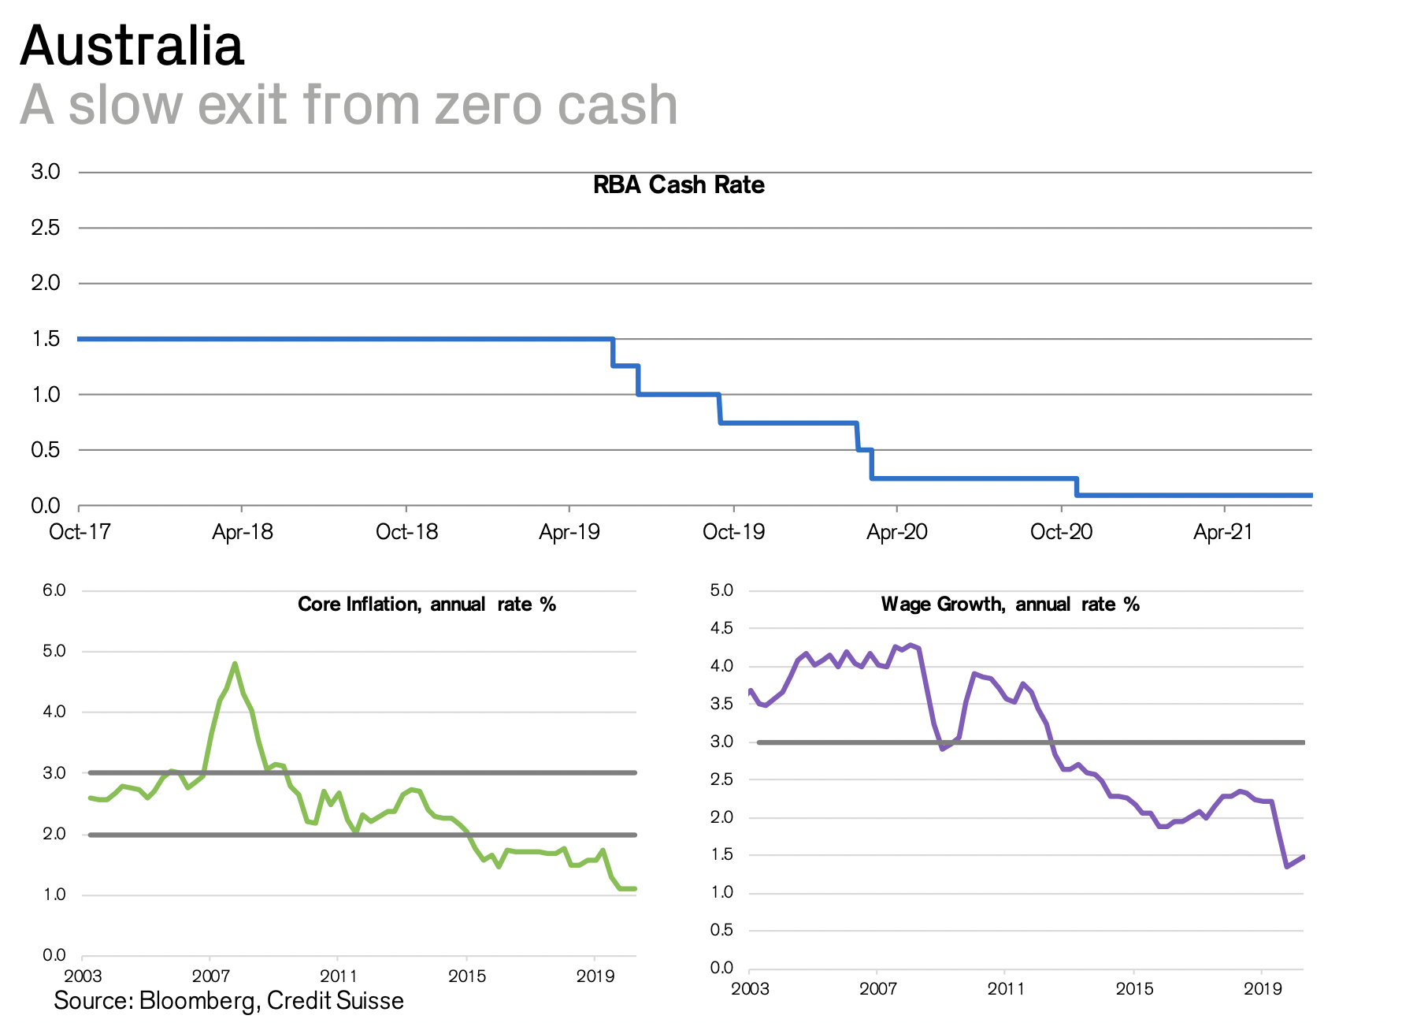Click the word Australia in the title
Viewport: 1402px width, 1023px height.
coord(132,46)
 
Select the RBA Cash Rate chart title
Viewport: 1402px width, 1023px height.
coord(678,185)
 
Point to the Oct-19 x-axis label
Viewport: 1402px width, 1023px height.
coord(733,532)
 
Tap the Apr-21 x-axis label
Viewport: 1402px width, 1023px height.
coord(1222,532)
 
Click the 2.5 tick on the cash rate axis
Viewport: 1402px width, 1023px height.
coord(45,228)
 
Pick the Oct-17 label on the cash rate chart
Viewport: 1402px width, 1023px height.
coord(80,532)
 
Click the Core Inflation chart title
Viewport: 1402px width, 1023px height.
coord(427,604)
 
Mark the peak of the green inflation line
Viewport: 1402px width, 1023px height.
coord(235,664)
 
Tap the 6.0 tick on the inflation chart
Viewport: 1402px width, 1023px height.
coord(54,590)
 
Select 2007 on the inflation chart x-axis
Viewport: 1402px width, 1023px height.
coord(210,976)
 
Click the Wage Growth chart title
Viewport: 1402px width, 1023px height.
coord(1010,604)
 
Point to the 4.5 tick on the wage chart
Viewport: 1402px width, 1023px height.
coord(721,628)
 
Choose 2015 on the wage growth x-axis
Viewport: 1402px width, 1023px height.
coord(1134,988)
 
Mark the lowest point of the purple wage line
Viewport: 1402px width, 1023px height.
coord(1286,867)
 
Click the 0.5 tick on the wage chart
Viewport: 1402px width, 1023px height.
coord(721,930)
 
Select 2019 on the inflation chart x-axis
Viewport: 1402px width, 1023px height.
coord(595,976)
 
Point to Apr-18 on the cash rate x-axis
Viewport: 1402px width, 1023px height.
coord(243,532)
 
